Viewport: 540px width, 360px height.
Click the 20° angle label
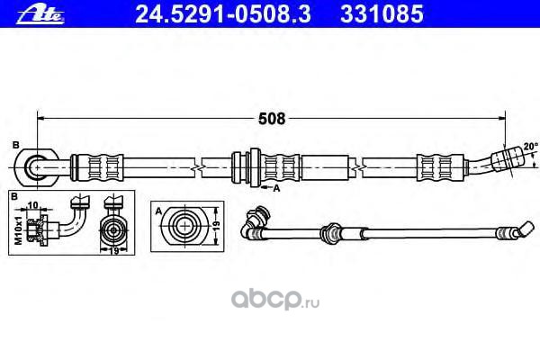coord(530,145)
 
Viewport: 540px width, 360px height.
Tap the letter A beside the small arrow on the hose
coord(277,189)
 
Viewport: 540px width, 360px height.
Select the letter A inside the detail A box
coord(158,210)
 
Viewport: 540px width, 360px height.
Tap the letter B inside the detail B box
coord(14,195)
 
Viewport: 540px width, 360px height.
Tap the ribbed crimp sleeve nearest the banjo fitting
coord(96,166)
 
